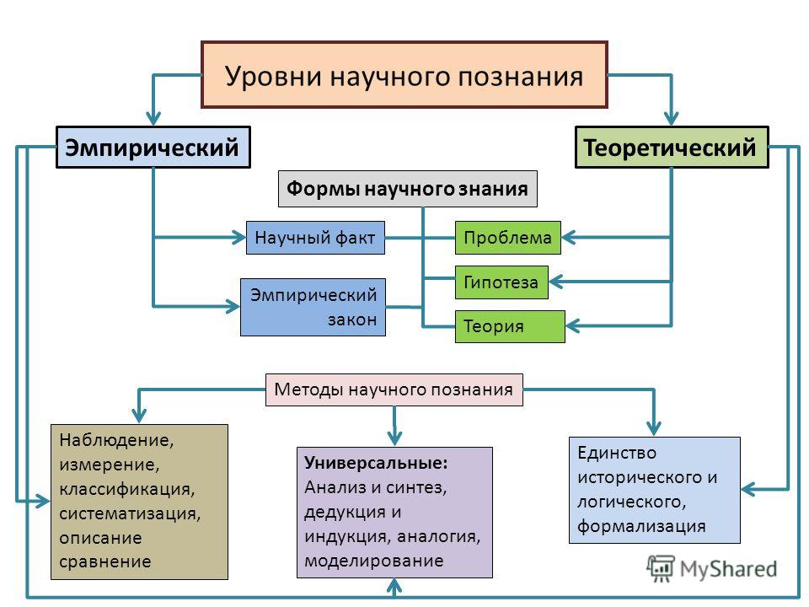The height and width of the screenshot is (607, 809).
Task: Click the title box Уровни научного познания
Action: (x=404, y=75)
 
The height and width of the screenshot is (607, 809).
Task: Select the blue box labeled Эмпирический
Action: (x=153, y=147)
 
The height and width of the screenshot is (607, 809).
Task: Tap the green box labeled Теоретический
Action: (x=672, y=147)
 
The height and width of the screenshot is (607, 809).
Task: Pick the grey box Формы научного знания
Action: (x=408, y=189)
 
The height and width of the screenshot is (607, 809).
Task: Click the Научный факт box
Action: (x=315, y=238)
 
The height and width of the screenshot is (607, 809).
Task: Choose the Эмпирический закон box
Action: (x=313, y=307)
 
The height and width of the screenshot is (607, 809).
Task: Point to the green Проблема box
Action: (x=507, y=238)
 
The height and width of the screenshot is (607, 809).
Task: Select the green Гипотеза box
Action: (x=501, y=282)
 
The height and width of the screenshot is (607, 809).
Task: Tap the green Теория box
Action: (x=510, y=326)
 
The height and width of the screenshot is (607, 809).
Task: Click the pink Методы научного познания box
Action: (x=394, y=389)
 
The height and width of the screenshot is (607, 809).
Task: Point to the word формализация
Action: (x=641, y=526)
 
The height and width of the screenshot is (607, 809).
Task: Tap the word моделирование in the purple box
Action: (x=374, y=561)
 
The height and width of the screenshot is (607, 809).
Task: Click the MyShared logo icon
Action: (x=661, y=569)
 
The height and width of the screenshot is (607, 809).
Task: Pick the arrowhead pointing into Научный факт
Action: (x=238, y=238)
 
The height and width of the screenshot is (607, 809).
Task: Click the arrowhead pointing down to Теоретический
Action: (x=672, y=118)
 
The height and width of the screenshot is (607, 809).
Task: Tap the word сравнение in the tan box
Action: (x=105, y=561)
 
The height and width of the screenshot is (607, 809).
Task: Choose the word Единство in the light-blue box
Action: (x=617, y=454)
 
